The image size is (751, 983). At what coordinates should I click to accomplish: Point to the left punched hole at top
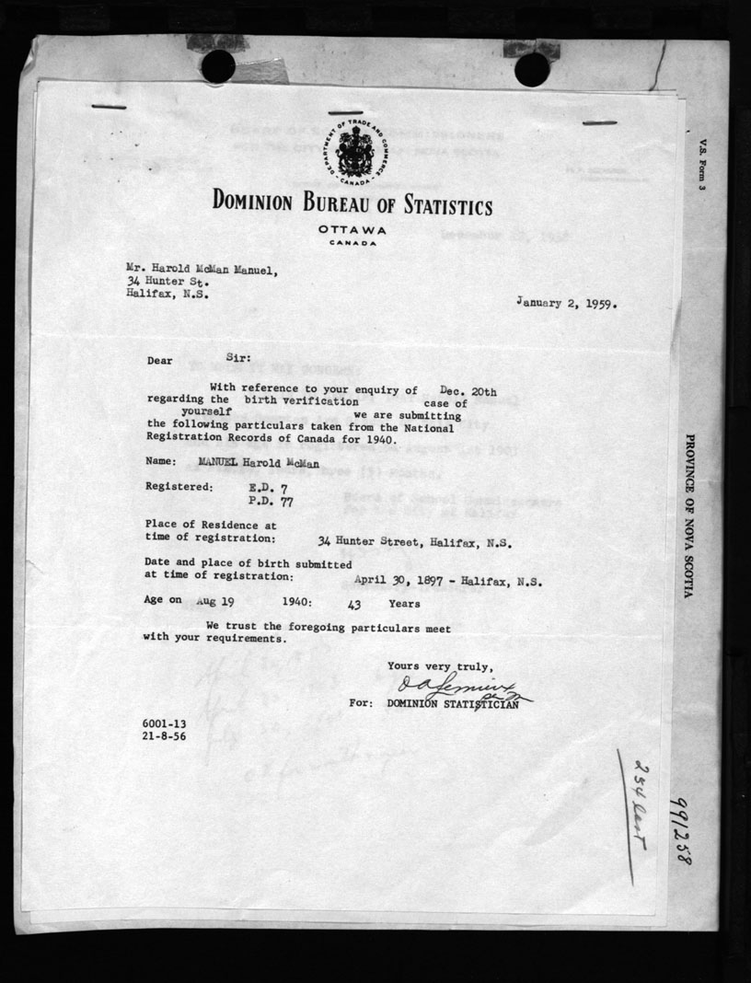tap(218, 66)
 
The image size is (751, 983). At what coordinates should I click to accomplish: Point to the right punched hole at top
tap(532, 69)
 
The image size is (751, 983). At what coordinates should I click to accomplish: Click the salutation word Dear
tap(160, 361)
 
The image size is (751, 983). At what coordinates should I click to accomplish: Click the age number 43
tap(353, 604)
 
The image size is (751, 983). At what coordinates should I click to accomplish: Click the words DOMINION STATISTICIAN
tap(452, 704)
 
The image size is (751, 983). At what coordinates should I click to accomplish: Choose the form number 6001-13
tap(166, 725)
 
